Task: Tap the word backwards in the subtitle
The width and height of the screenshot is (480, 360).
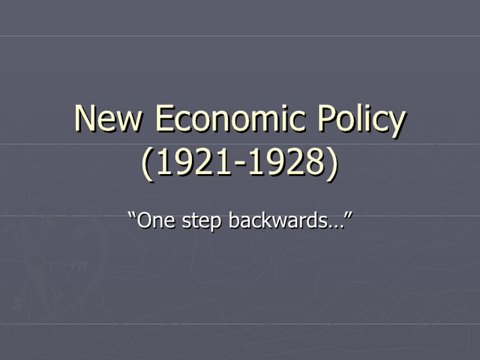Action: [x=268, y=221]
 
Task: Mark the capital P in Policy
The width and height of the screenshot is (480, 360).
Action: [x=327, y=120]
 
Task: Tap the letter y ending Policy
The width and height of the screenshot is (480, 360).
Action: [x=397, y=124]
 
